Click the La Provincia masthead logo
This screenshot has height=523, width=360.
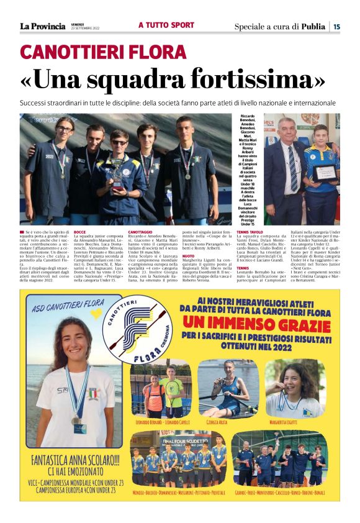pyautogui.click(x=42, y=26)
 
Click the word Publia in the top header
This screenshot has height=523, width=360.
pyautogui.click(x=313, y=26)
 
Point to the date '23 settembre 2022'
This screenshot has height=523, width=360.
pyautogui.click(x=84, y=29)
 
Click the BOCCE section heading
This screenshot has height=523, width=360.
pyautogui.click(x=79, y=232)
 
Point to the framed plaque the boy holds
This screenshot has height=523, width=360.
pyautogui.click(x=323, y=171)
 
